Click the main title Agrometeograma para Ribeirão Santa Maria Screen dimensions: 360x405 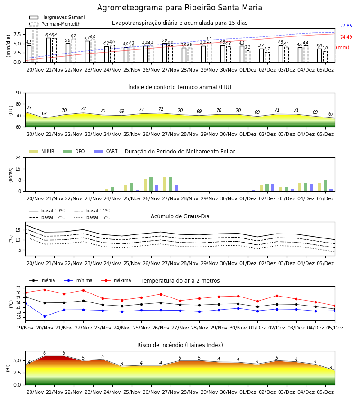(x=180, y=8)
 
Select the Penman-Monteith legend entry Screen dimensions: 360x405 (x=55, y=24)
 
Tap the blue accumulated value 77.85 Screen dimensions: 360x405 (x=346, y=26)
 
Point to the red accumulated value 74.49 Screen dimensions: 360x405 (x=346, y=37)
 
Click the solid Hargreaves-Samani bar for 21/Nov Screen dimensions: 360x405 (x=49, y=50)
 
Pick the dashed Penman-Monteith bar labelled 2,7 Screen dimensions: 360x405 (x=267, y=57)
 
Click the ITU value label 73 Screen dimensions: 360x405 (x=29, y=108)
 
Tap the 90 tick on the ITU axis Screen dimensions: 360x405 (x=18, y=93)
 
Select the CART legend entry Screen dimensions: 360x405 (x=106, y=151)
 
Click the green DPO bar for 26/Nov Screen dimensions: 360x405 (x=151, y=184)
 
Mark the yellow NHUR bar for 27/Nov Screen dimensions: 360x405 (x=165, y=184)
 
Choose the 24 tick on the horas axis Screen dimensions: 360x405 (x=18, y=157)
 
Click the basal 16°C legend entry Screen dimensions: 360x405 (x=92, y=217)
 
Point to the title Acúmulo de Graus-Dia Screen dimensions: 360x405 (x=180, y=216)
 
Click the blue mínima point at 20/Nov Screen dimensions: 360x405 (x=45, y=316)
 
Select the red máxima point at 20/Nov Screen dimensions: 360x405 (x=45, y=290)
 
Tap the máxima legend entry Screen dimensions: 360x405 (x=116, y=280)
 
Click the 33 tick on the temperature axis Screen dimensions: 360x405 (x=18, y=288)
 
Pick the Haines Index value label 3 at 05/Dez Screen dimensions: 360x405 (x=331, y=368)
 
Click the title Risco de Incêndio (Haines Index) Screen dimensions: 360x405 (x=180, y=345)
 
